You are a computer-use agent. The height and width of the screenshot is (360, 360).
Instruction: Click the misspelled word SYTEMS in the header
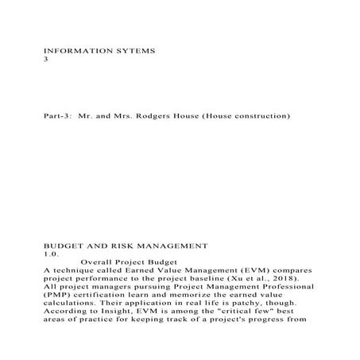[x=134, y=50]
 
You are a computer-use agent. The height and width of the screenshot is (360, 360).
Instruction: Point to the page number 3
[x=46, y=59]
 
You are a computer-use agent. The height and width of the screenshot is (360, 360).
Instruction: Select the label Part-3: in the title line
[x=58, y=117]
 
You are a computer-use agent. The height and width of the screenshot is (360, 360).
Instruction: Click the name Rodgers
[x=161, y=117]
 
